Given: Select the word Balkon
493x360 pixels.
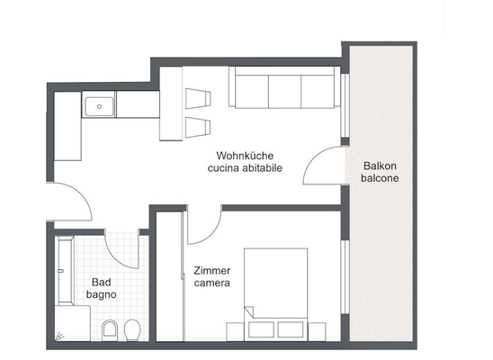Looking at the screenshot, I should click(381, 166).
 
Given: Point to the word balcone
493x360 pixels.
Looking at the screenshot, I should click(381, 178).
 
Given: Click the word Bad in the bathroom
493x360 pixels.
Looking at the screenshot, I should click(99, 282).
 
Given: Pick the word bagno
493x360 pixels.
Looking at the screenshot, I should click(99, 294).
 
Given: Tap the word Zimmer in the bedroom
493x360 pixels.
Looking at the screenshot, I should click(212, 270).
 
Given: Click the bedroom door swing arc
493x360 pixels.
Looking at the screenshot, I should click(205, 225).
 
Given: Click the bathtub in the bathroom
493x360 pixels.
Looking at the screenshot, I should click(63, 270).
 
